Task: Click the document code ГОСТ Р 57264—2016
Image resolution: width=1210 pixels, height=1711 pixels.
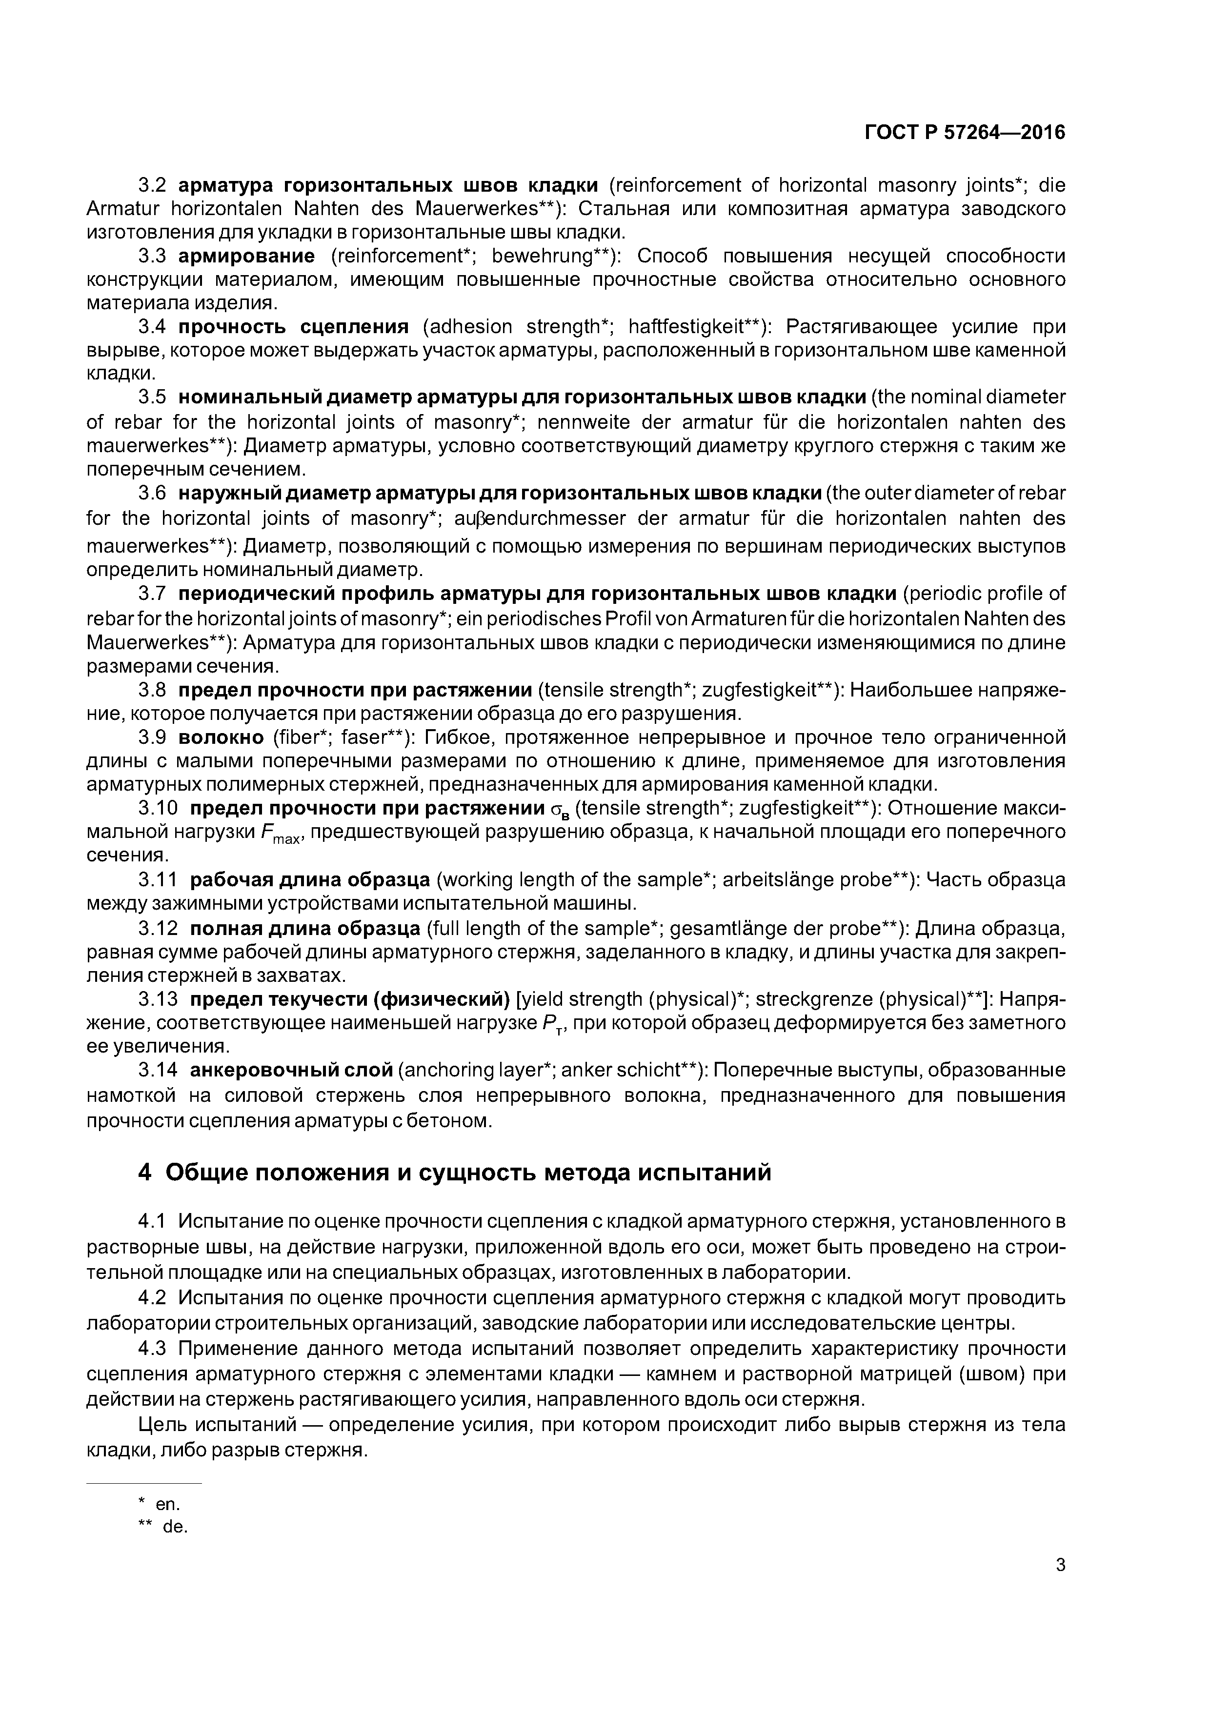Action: (964, 133)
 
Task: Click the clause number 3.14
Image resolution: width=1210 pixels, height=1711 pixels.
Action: (158, 1071)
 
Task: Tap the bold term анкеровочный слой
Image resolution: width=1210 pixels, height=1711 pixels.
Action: (291, 1071)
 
